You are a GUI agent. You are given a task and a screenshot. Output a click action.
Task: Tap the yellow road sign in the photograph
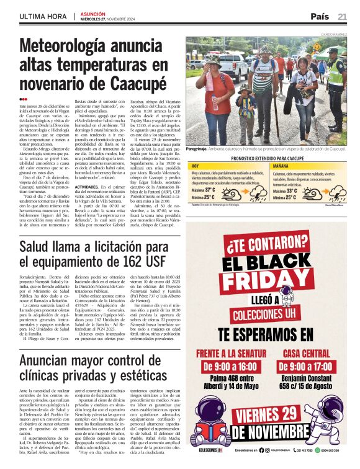pyautogui.click(x=317, y=46)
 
